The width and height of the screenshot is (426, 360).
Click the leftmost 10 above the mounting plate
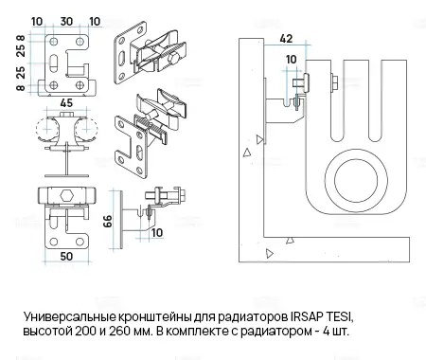pyautogui.click(x=36, y=19)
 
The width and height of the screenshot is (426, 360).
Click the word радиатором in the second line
pyautogui.click(x=299, y=330)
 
